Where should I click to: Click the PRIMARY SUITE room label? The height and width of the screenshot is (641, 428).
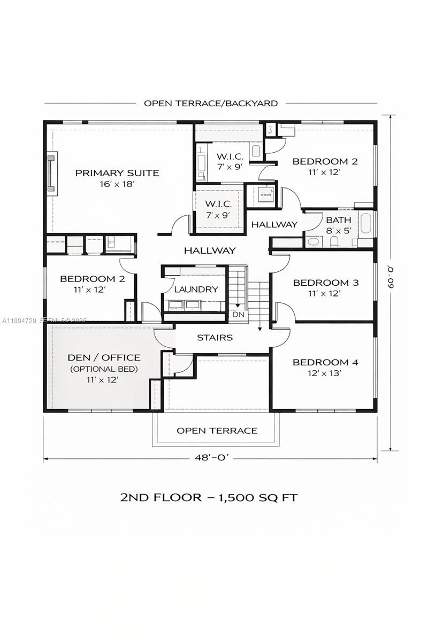pyautogui.click(x=117, y=173)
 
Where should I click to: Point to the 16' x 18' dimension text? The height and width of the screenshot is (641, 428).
pyautogui.click(x=117, y=184)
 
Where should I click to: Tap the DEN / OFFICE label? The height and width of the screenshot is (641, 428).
pyautogui.click(x=104, y=357)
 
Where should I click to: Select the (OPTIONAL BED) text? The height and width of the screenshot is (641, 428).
pyautogui.click(x=104, y=369)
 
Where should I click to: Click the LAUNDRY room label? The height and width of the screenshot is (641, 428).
pyautogui.click(x=196, y=290)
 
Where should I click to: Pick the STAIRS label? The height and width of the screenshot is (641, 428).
pyautogui.click(x=215, y=338)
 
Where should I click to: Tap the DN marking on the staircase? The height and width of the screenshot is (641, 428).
pyautogui.click(x=238, y=315)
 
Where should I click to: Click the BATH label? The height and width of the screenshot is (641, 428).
pyautogui.click(x=339, y=220)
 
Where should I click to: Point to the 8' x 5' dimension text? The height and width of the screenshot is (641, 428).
pyautogui.click(x=339, y=231)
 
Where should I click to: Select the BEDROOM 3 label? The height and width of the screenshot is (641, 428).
pyautogui.click(x=325, y=283)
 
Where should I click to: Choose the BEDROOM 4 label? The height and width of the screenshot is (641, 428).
pyautogui.click(x=325, y=363)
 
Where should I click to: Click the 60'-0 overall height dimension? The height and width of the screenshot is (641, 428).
pyautogui.click(x=393, y=283)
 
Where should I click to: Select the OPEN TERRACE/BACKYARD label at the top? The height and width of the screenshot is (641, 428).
pyautogui.click(x=210, y=103)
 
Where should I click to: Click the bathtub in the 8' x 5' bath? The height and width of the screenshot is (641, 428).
pyautogui.click(x=366, y=224)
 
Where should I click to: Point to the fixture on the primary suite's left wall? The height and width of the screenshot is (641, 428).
pyautogui.click(x=51, y=173)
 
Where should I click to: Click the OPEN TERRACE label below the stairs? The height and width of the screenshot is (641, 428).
pyautogui.click(x=217, y=431)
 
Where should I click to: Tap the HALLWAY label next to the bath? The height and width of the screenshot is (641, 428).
pyautogui.click(x=274, y=225)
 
